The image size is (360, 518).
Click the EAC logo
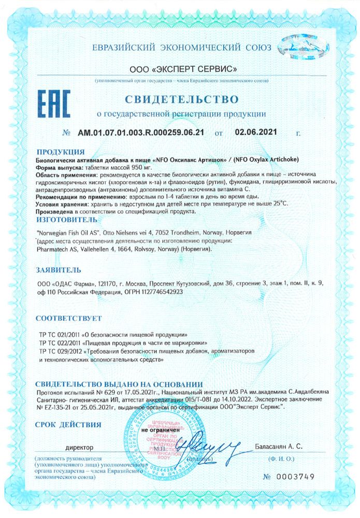[x=54, y=104]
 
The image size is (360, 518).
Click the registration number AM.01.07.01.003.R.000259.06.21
[x=141, y=133]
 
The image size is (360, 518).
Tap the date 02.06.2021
[x=255, y=132]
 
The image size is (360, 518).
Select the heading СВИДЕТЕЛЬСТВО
[x=182, y=98]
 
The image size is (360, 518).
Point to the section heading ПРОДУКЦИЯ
[x=61, y=152]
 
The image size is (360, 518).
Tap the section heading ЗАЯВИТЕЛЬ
[x=59, y=270]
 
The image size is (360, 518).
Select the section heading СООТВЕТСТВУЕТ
[x=68, y=318]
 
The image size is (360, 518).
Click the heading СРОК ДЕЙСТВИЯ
[x=68, y=425]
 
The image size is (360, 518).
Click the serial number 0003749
[x=295, y=477]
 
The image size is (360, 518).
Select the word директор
[x=79, y=446]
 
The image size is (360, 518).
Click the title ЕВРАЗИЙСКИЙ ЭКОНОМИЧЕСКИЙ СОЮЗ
[x=182, y=48]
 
